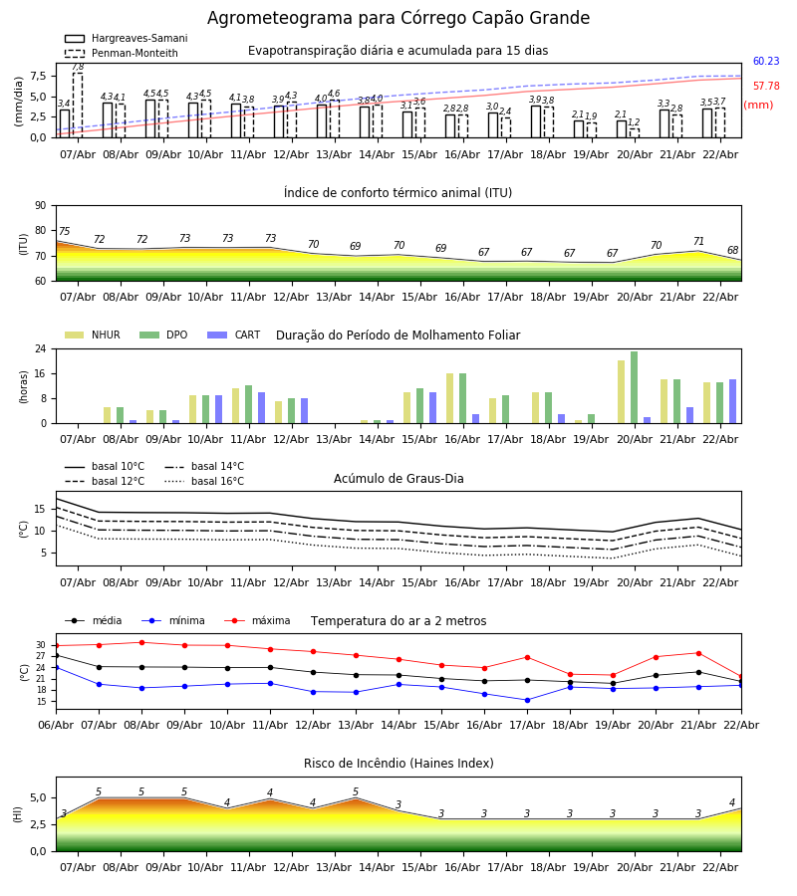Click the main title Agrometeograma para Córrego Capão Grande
pyautogui.click(x=398, y=19)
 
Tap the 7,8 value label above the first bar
pyautogui.click(x=78, y=67)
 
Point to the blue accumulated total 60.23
pyautogui.click(x=766, y=62)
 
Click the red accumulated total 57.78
pyautogui.click(x=766, y=87)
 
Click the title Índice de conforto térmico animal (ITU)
pyautogui.click(x=398, y=193)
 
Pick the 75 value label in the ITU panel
pyautogui.click(x=64, y=232)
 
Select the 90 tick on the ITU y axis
pyautogui.click(x=40, y=205)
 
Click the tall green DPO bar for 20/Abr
pyautogui.click(x=634, y=387)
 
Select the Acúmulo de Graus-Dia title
pyautogui.click(x=398, y=479)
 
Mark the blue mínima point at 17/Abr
pyautogui.click(x=527, y=700)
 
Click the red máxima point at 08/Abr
pyautogui.click(x=141, y=642)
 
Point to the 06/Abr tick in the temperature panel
pyautogui.click(x=56, y=724)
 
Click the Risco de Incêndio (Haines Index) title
pyautogui.click(x=398, y=764)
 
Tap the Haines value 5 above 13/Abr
pyautogui.click(x=356, y=792)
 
